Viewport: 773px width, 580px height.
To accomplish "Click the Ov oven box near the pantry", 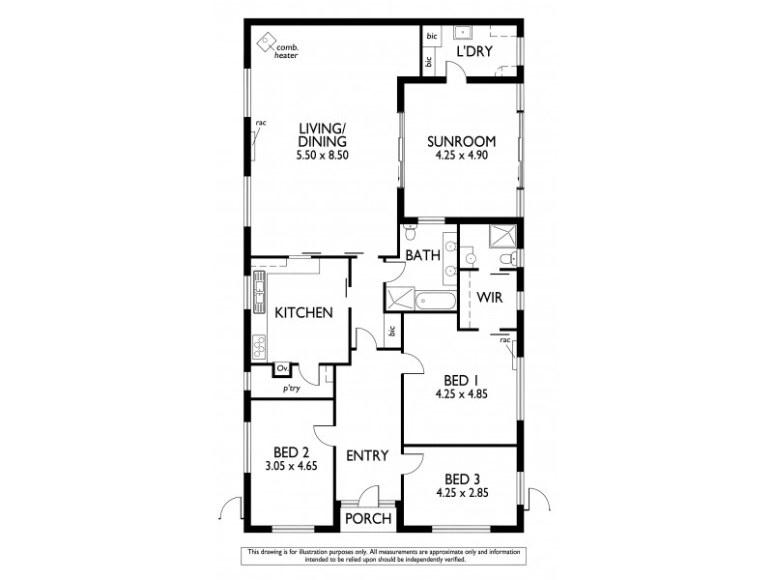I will (282, 368).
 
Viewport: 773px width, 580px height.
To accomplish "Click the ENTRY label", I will (367, 456).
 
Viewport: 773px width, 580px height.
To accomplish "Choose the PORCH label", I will (368, 519).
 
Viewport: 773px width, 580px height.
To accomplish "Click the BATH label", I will (422, 256).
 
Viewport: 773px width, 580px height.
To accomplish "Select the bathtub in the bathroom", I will (435, 300).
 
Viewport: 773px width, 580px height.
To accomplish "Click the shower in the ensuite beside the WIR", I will (501, 234).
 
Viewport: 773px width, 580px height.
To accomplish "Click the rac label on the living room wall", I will (261, 123).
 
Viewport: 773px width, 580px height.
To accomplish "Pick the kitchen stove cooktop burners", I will (258, 345).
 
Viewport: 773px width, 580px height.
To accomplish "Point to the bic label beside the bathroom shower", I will (391, 332).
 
